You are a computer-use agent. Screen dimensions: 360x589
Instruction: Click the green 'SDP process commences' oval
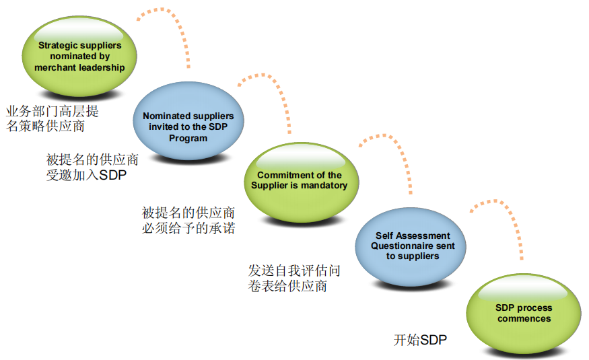point(524,314)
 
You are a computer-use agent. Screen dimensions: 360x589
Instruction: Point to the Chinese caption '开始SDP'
point(420,340)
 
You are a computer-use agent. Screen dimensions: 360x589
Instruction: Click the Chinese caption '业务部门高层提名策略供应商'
point(53,118)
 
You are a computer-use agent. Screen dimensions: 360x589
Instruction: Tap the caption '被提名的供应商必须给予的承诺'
point(188,220)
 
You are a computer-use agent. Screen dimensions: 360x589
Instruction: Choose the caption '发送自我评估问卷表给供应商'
point(294,278)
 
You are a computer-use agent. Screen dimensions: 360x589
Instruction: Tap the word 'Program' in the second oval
point(188,138)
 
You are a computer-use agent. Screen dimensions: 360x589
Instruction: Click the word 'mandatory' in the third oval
point(325,186)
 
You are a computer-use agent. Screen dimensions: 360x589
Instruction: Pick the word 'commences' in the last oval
point(524,319)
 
